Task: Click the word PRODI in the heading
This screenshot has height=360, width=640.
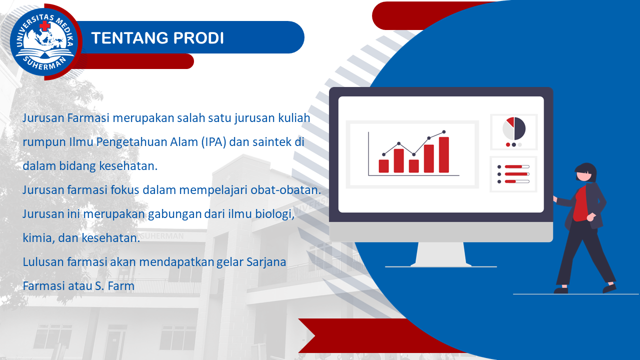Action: coord(198,38)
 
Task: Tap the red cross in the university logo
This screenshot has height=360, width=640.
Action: coord(44,26)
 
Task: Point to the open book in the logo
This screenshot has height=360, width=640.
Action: coord(44,53)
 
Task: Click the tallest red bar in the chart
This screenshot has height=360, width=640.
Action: coord(443,155)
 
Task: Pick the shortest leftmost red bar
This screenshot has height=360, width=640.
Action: coord(383,166)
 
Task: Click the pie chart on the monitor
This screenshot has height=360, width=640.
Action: coord(514,128)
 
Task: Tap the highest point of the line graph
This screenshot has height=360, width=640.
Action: coord(443,132)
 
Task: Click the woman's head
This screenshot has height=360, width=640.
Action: coord(585,172)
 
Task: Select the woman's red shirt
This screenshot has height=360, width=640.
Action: coord(581,203)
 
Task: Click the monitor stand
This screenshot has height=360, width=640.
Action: coord(440,254)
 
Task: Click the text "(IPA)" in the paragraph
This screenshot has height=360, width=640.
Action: coord(213,142)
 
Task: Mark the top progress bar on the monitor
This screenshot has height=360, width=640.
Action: coord(517,166)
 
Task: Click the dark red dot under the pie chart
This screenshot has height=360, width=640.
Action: coord(508,144)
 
